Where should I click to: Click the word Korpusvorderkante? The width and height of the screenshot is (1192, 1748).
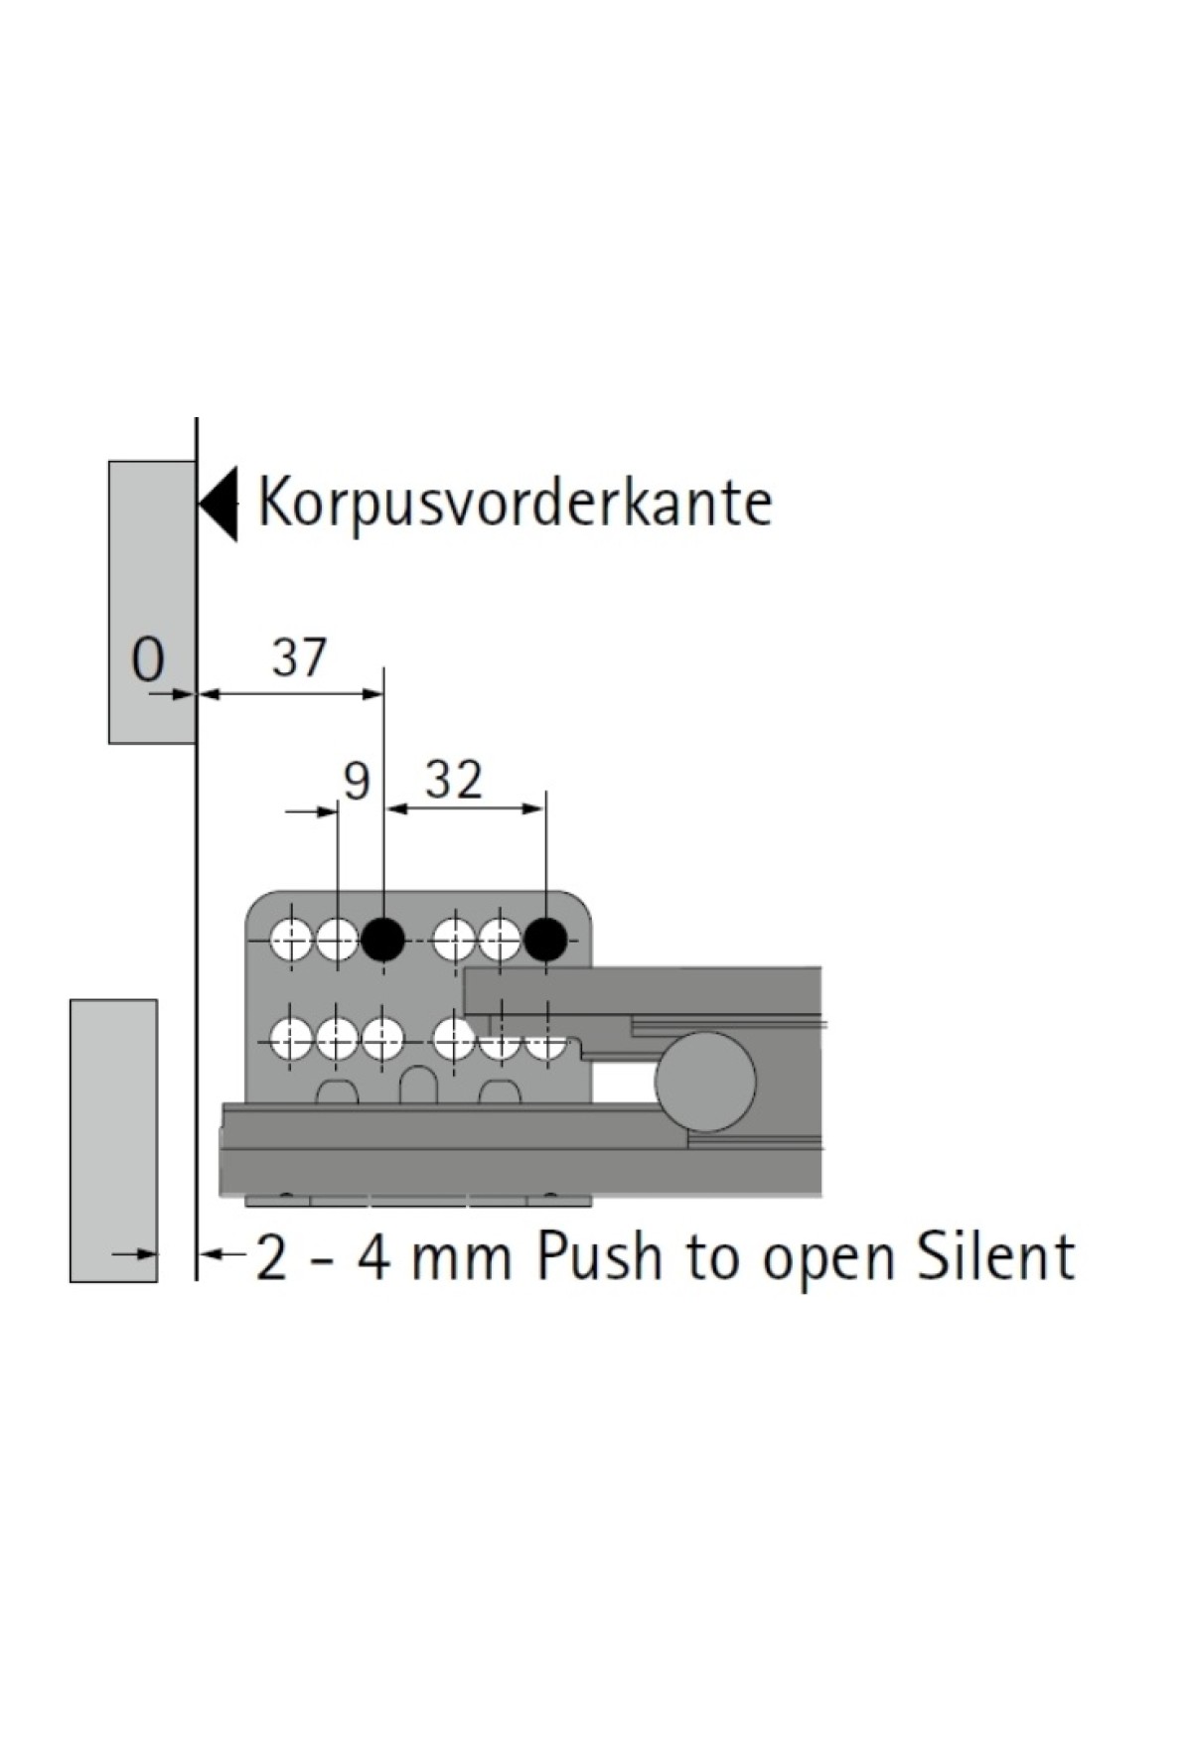(515, 503)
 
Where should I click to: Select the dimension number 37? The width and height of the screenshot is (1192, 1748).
(299, 658)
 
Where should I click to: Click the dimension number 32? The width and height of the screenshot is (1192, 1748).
(454, 781)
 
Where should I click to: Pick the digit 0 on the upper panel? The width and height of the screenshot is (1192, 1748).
(148, 659)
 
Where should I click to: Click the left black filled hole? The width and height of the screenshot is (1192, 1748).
(382, 938)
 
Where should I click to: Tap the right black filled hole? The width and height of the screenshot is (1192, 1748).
(545, 938)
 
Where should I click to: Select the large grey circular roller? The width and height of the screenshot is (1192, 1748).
(706, 1082)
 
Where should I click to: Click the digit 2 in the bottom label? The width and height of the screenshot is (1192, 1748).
(272, 1257)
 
